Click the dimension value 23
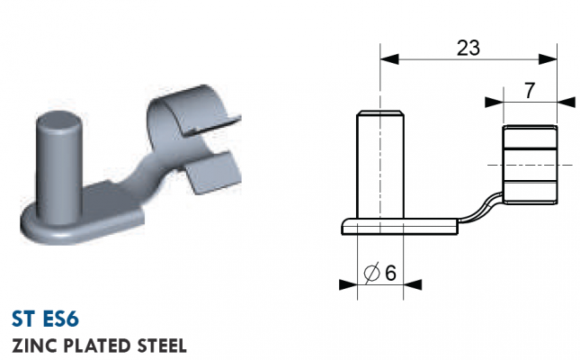pos(468,48)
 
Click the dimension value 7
pos(530,91)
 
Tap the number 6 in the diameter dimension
pos(390,274)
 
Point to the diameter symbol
pos(371,273)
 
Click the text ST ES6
pos(45,319)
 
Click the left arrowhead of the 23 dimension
pos(389,58)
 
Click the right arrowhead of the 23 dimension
pos(548,58)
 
